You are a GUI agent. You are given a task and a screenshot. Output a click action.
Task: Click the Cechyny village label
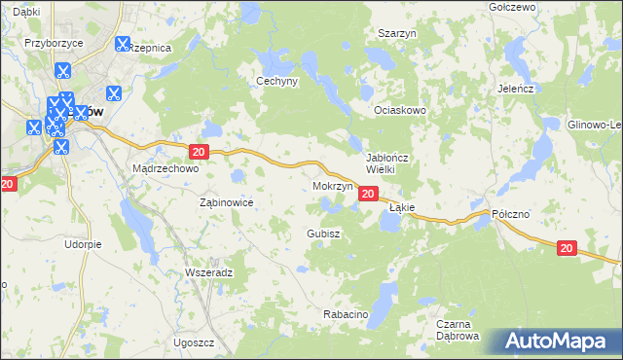(275, 82)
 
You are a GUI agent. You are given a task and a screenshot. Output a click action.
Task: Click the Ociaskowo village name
(402, 110)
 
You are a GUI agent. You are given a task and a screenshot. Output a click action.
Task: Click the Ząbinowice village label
(226, 202)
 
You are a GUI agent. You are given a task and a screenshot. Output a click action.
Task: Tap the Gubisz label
(322, 234)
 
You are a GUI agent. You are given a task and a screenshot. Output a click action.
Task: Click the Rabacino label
(346, 314)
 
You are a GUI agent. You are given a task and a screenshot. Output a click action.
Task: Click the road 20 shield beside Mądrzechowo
(199, 152)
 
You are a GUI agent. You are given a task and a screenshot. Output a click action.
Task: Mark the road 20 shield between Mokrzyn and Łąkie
(368, 195)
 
